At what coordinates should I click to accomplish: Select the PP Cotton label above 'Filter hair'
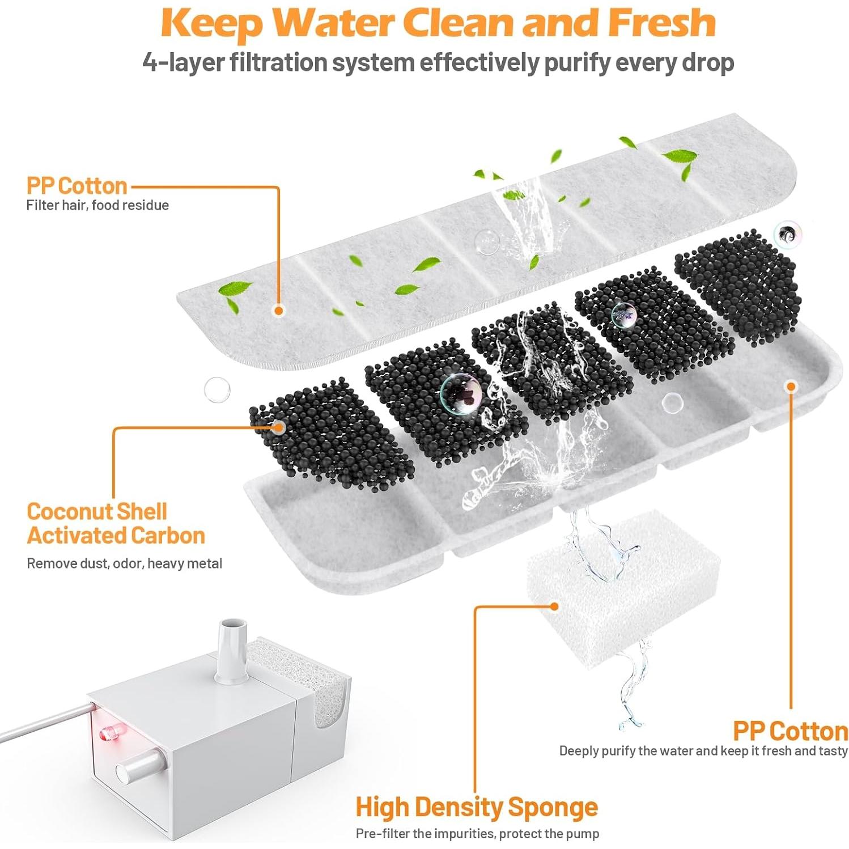[x=77, y=186]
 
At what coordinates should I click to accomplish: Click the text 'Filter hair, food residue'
[x=97, y=205]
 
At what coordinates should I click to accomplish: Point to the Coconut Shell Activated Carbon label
[x=116, y=524]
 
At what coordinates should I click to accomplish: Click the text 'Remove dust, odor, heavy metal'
[x=124, y=563]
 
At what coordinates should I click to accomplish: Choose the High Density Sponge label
[x=476, y=806]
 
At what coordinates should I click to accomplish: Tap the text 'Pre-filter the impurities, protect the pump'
[x=477, y=834]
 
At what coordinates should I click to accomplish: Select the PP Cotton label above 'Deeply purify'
[x=790, y=731]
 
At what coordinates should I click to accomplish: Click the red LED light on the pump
[x=106, y=734]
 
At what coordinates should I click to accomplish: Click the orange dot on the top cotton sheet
[x=278, y=310]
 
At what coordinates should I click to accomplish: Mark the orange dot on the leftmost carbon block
[x=278, y=427]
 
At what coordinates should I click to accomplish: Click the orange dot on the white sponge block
[x=554, y=606]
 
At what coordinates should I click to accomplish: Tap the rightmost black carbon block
[x=737, y=286]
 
